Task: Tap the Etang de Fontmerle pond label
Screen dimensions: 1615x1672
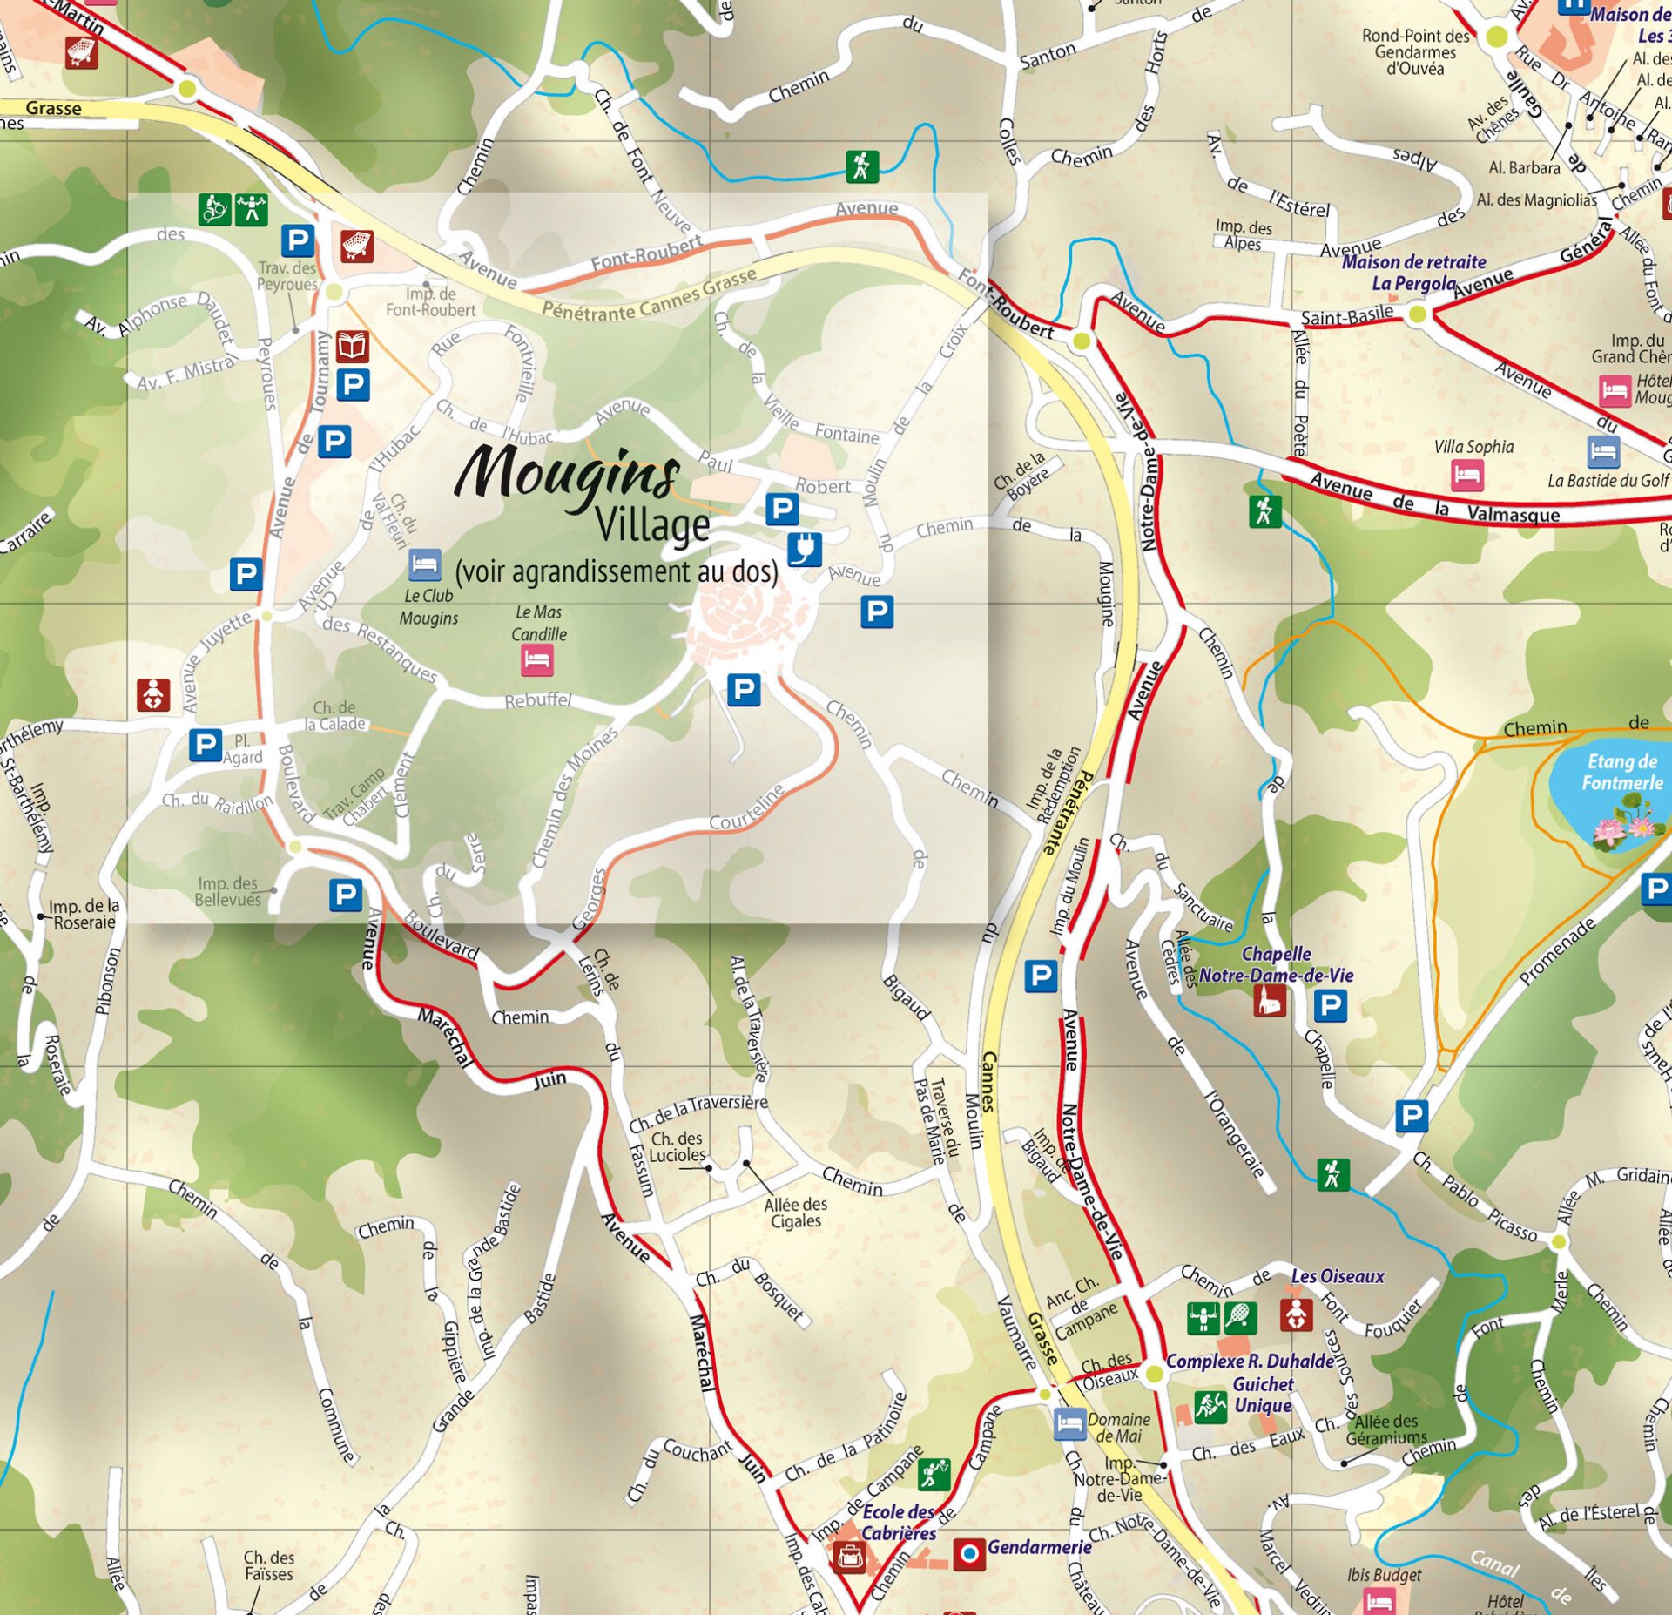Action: point(1621,772)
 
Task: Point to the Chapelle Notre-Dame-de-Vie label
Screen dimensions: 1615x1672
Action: point(1276,964)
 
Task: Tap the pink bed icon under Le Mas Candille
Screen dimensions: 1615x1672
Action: point(537,659)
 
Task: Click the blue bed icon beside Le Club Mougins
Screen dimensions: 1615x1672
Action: point(424,564)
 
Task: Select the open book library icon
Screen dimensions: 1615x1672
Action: point(352,347)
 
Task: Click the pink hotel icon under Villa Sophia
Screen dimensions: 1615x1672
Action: point(1466,475)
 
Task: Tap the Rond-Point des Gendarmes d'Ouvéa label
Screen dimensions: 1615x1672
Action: point(1415,51)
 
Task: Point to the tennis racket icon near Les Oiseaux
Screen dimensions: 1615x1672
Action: point(1240,1318)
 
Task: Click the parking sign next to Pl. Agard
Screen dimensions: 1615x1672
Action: point(206,745)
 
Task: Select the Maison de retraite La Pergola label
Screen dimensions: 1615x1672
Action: point(1413,272)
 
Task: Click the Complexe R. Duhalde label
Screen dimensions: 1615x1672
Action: point(1249,1361)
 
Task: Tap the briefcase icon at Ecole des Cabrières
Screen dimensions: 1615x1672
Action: point(848,1556)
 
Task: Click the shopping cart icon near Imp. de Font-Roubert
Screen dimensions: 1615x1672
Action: point(356,246)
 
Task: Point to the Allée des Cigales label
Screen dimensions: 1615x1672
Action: point(795,1213)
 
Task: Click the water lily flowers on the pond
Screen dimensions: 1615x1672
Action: point(1621,828)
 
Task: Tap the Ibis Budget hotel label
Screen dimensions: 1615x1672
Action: point(1383,1574)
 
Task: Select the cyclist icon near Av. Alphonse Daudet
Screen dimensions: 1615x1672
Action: point(214,209)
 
